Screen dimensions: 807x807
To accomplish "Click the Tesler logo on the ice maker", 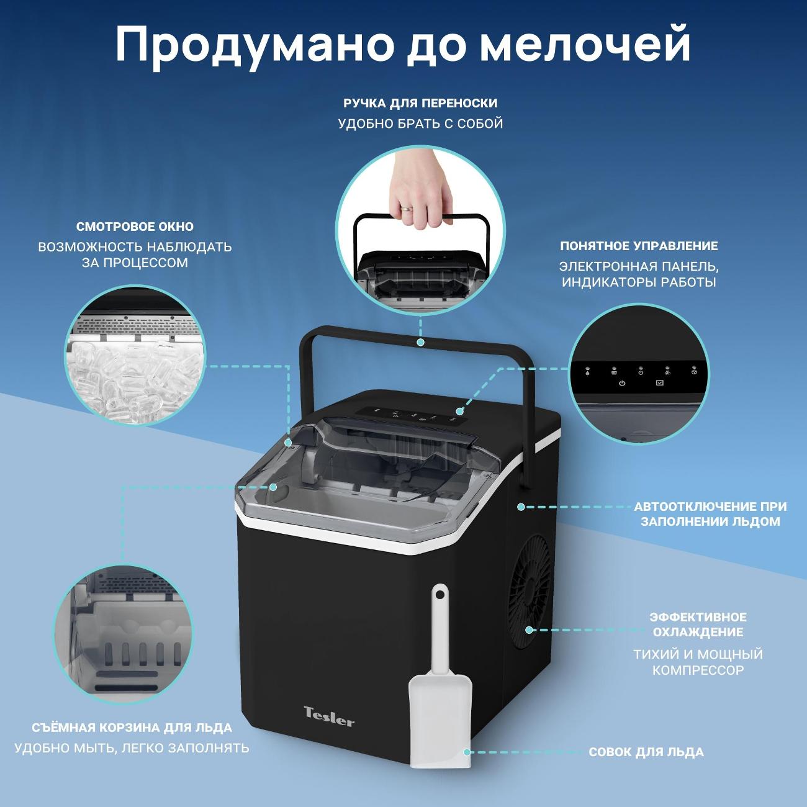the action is click(329, 716).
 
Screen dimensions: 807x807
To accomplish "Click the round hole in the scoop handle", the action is click(440, 595).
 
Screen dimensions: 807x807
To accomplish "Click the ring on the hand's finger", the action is click(407, 207).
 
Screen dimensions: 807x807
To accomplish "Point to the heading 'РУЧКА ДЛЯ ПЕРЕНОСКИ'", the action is click(420, 103).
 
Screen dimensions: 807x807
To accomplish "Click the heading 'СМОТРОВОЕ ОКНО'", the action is click(135, 227).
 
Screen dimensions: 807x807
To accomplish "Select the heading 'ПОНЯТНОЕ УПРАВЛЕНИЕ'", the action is click(639, 246).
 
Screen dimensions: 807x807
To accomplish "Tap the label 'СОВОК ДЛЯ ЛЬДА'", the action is click(646, 752).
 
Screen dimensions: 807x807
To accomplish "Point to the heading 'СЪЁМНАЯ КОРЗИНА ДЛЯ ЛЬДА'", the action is click(132, 728).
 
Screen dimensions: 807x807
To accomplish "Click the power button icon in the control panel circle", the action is click(622, 383).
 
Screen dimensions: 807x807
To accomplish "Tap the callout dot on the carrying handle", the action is click(420, 342).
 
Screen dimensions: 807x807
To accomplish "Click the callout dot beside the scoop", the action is click(467, 752).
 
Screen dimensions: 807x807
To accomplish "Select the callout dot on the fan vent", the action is click(530, 629).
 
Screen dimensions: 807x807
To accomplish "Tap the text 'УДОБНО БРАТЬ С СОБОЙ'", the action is click(420, 124).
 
